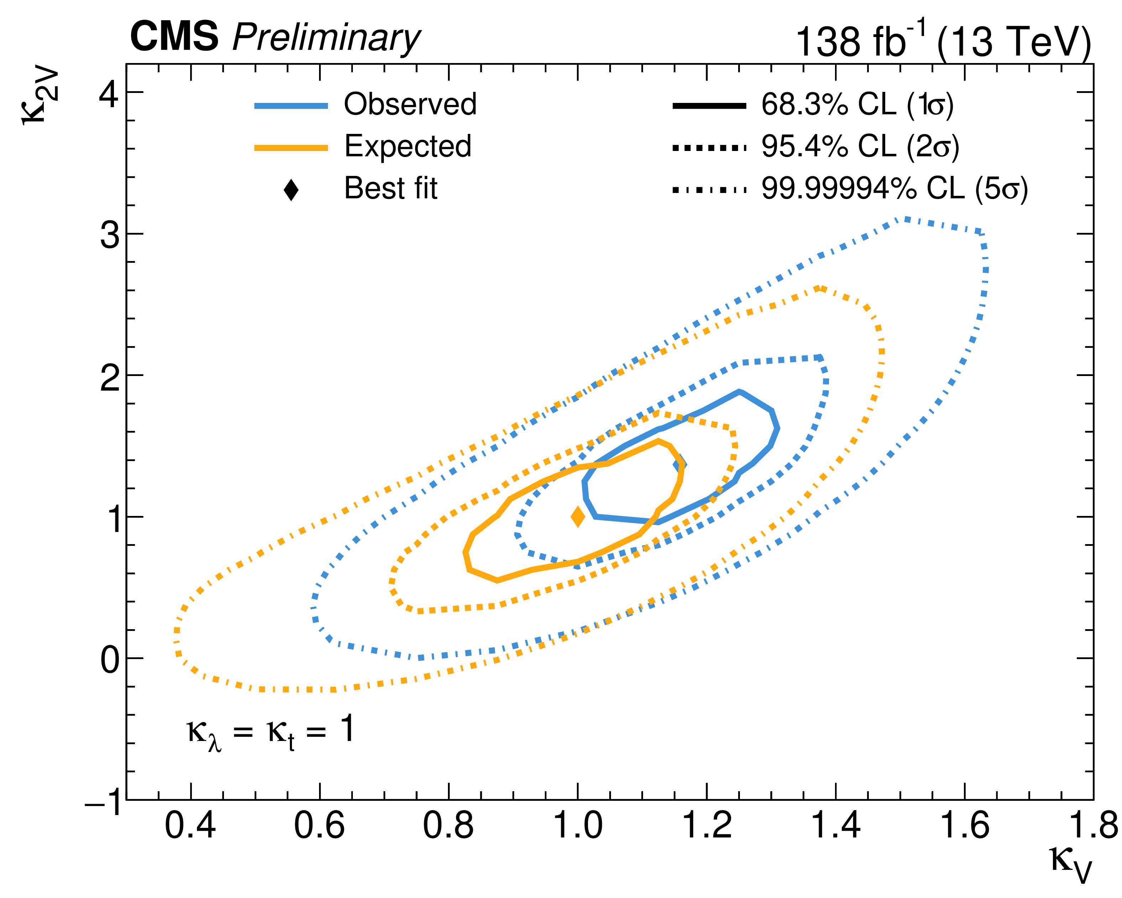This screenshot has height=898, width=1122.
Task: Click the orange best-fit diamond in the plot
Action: pos(578,517)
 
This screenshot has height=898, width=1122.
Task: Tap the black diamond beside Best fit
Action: pos(291,189)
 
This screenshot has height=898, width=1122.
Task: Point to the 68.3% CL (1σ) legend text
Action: pos(857,105)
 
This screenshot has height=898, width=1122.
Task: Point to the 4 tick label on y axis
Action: pos(109,94)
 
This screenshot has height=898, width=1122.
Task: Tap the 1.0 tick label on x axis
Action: pos(577,826)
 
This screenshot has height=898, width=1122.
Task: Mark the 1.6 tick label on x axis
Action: pos(964,826)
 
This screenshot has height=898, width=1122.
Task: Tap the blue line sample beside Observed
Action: pos(291,106)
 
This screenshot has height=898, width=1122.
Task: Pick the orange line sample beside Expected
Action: pos(291,148)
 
